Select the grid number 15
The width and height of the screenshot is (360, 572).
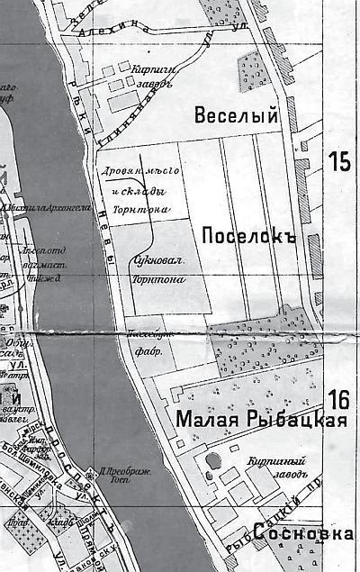(339, 162)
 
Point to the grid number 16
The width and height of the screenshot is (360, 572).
(339, 399)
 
